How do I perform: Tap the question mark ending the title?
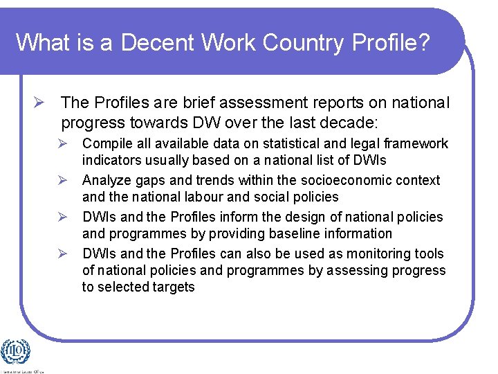(x=423, y=42)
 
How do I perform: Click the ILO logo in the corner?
(x=15, y=353)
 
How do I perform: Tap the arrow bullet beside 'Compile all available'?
(x=62, y=144)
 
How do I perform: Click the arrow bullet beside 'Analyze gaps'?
(x=62, y=181)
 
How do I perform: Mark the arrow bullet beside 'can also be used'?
(x=62, y=254)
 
